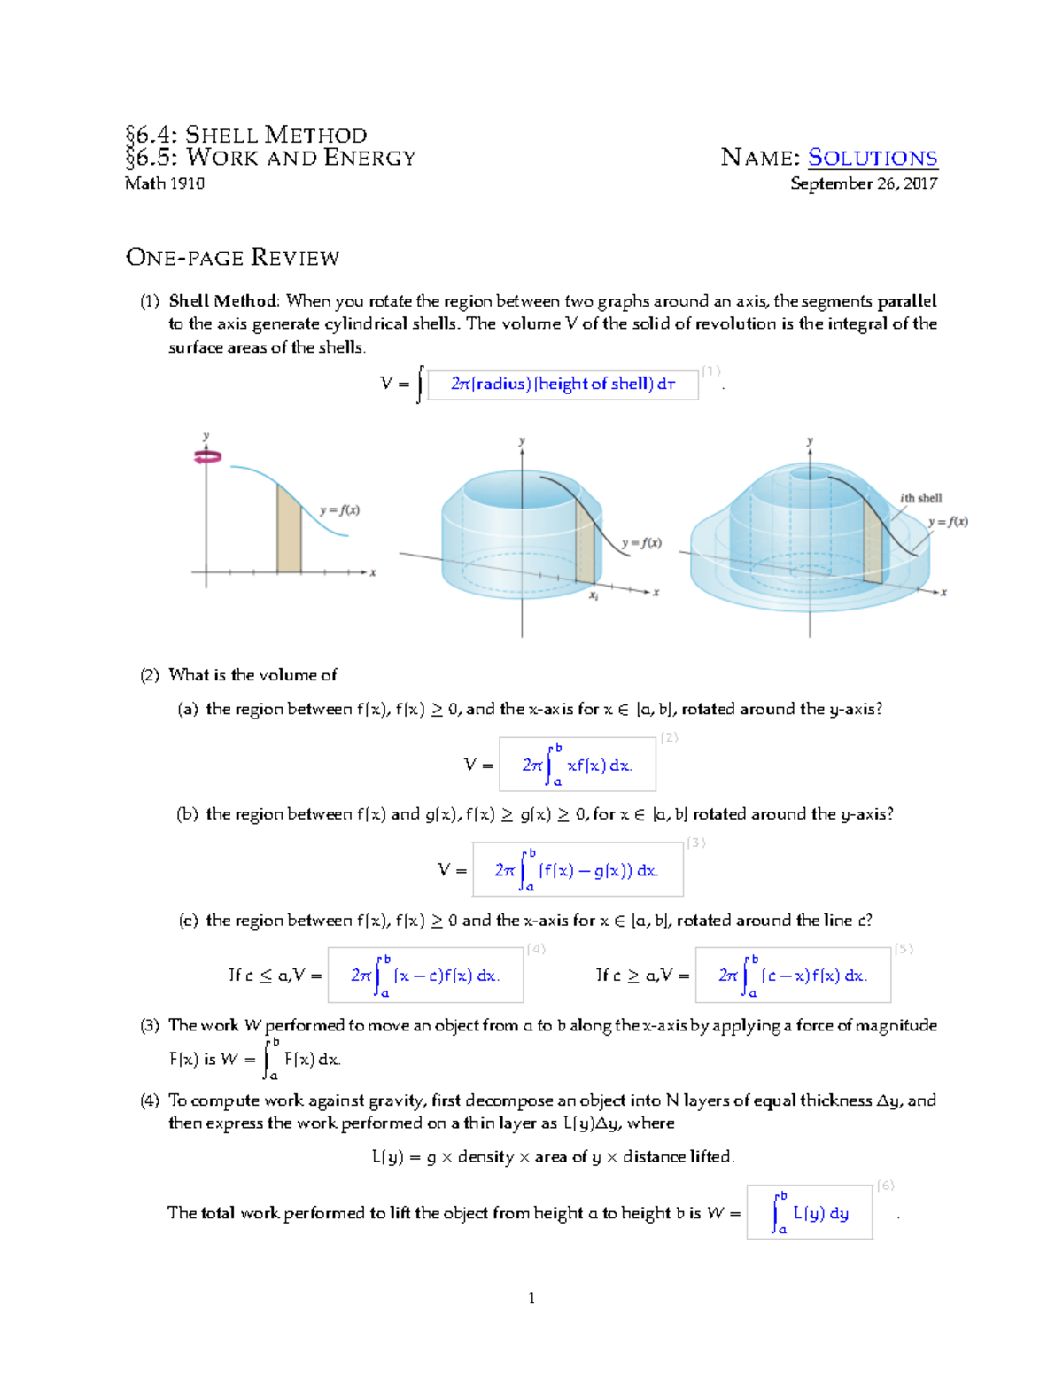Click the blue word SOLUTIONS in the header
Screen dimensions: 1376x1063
coord(873,158)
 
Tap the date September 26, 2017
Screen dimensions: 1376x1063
coord(864,183)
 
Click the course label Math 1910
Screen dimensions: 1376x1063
coord(165,183)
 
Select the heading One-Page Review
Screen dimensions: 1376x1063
coord(232,258)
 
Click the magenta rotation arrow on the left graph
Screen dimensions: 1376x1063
coord(207,457)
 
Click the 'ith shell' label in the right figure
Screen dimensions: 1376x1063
coord(920,498)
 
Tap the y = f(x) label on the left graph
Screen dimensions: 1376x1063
coord(339,510)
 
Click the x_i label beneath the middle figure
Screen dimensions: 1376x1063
coord(594,596)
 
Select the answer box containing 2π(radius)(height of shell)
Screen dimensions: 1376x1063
coord(563,385)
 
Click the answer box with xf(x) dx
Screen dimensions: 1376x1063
coord(577,765)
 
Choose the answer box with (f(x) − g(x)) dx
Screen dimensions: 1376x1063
coord(578,870)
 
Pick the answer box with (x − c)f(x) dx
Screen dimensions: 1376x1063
coord(425,976)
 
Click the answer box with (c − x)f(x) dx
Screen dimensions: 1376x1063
coord(793,976)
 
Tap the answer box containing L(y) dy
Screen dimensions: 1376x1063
coord(810,1212)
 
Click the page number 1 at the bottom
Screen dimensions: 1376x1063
coord(531,1298)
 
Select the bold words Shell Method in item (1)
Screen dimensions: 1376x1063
coord(223,301)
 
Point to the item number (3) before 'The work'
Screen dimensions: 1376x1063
coord(150,1025)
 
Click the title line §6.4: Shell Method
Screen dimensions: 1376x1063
coord(245,135)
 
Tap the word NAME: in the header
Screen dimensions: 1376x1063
coord(760,158)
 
